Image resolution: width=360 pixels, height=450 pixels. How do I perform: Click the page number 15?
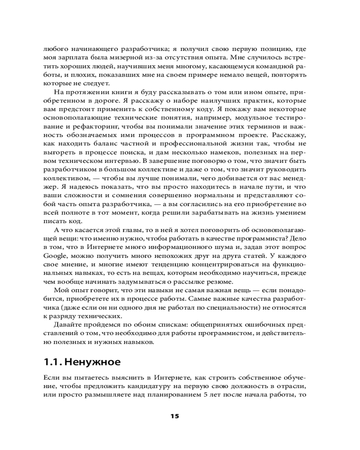coord(175,416)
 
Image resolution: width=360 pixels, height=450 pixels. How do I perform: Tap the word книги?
coord(128,92)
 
